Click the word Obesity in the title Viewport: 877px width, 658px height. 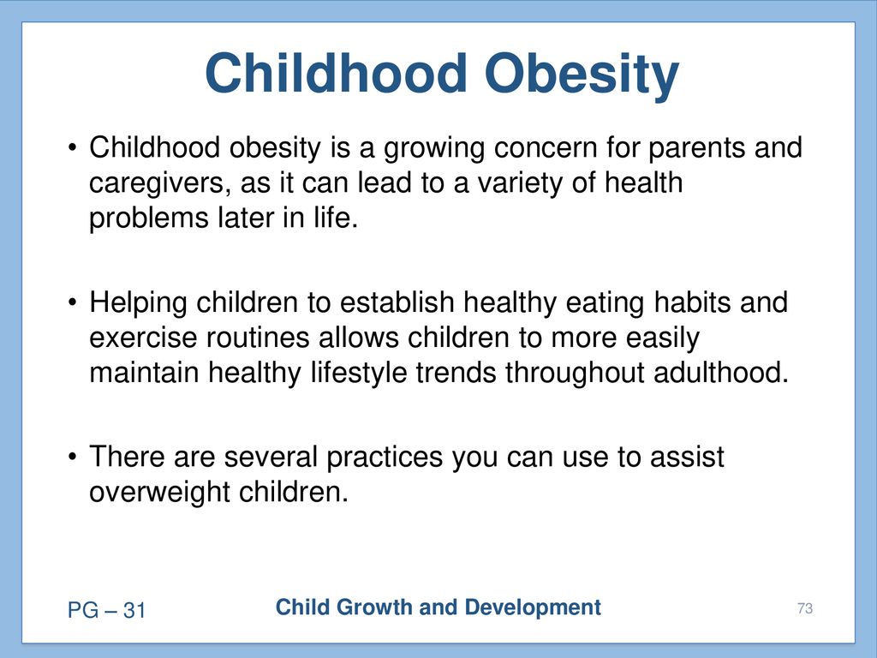582,75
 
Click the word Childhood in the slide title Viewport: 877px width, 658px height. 336,73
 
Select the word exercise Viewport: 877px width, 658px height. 144,338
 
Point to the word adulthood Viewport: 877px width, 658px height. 721,373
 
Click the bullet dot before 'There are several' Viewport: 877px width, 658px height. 72,458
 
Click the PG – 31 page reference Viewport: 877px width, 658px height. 106,610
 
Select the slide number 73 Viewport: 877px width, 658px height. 805,609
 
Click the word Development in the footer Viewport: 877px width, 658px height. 533,608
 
